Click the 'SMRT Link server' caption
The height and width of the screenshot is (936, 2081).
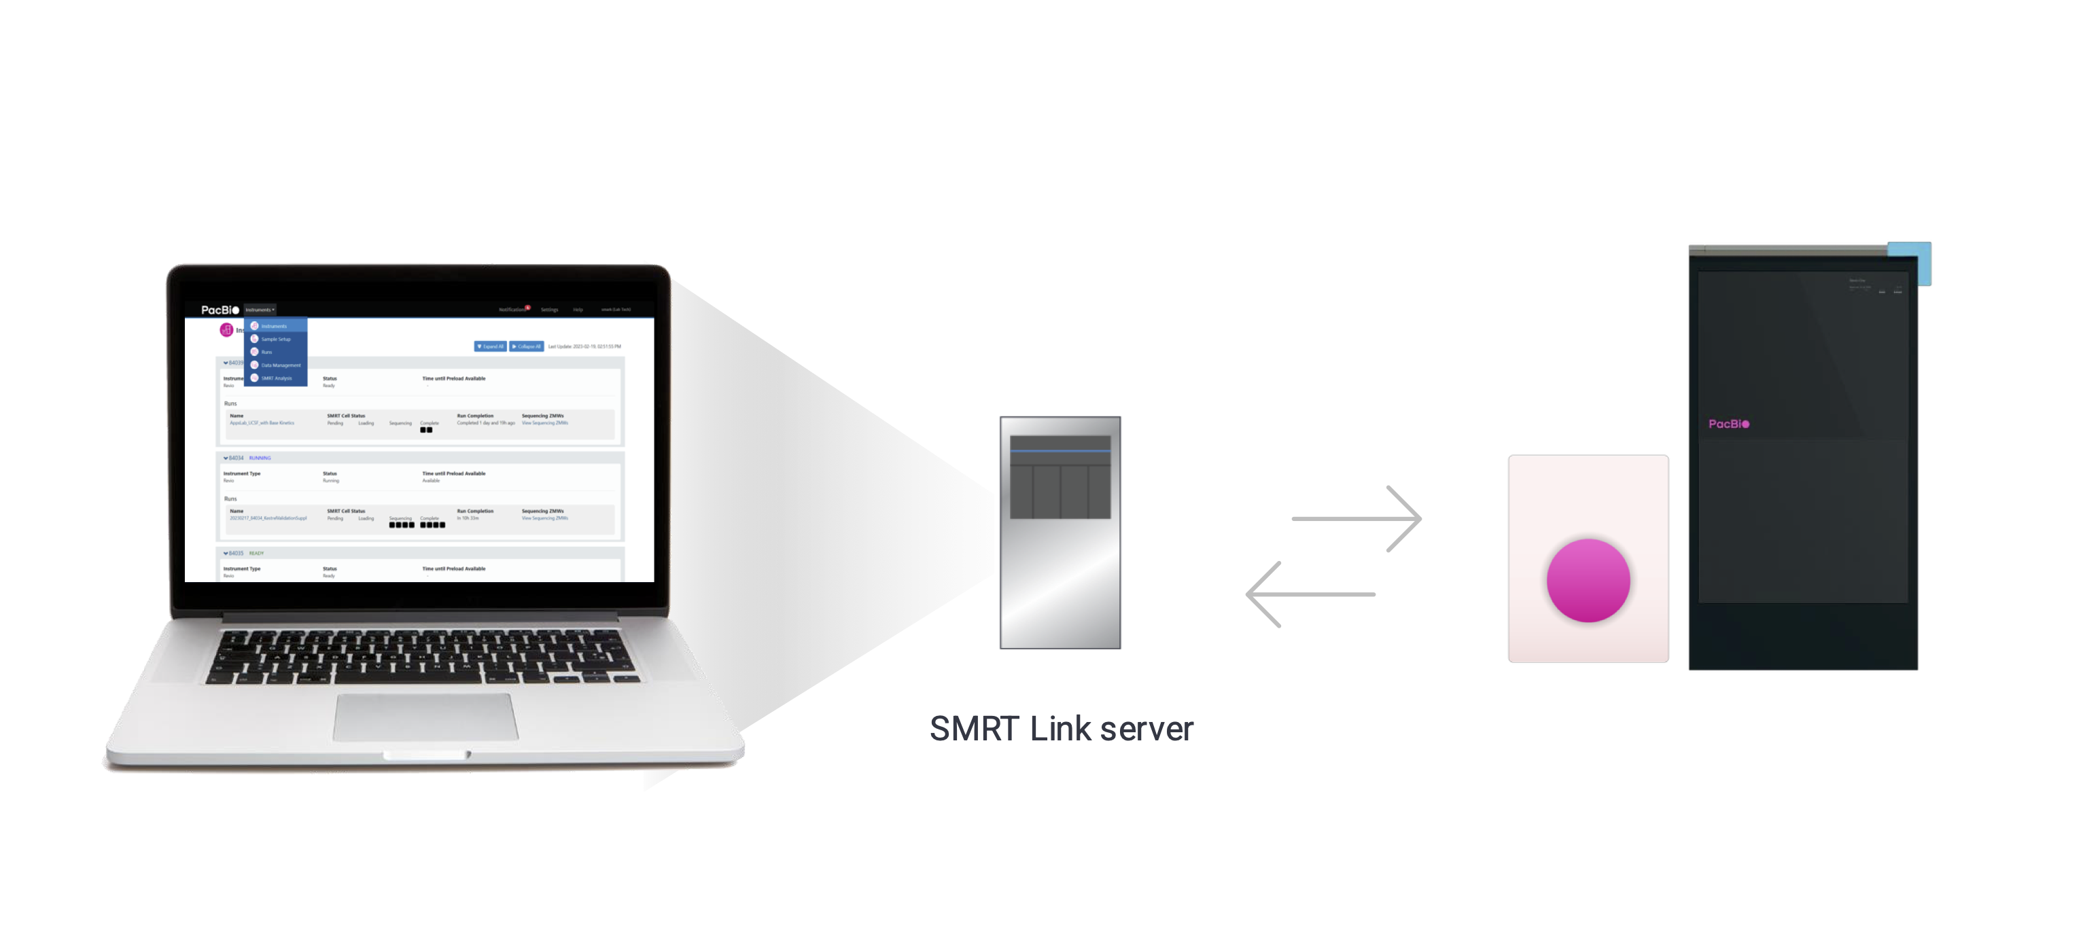1061,728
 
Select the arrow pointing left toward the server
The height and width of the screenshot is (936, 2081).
1310,594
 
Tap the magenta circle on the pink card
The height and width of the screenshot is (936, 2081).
1588,580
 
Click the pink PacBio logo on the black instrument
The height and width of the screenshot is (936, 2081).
1728,424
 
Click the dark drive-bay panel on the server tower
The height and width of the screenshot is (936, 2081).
1060,478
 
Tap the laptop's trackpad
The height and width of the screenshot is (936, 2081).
425,717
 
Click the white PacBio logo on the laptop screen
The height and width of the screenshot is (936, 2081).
220,310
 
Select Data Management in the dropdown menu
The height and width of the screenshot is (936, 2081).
280,365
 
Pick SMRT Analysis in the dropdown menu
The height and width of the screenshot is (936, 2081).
277,378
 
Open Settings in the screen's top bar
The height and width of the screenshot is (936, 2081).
549,309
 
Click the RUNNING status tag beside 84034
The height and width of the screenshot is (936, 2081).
260,458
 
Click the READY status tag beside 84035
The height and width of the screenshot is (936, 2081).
256,553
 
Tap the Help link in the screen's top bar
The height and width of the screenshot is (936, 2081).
578,309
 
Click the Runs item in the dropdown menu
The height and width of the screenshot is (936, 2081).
266,352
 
